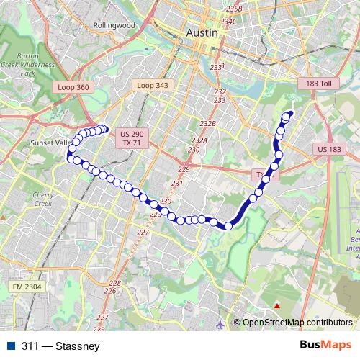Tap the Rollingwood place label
point(114,24)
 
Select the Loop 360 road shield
point(72,86)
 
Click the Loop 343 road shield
point(151,85)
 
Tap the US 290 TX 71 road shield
point(132,139)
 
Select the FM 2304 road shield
point(27,287)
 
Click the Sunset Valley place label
point(48,143)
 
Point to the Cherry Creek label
point(43,199)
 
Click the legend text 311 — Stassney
point(60,346)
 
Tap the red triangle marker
point(276,306)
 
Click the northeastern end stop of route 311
point(290,114)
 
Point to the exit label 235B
point(233,9)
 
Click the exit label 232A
point(199,140)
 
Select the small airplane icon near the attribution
point(219,325)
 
